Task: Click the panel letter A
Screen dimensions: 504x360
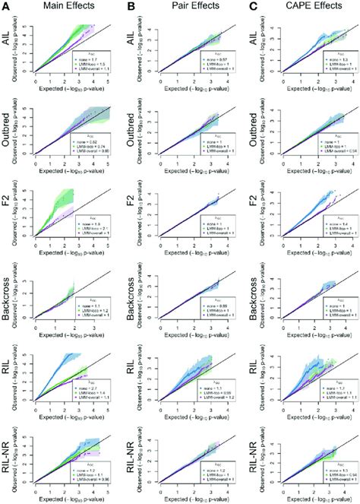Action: point(6,9)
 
